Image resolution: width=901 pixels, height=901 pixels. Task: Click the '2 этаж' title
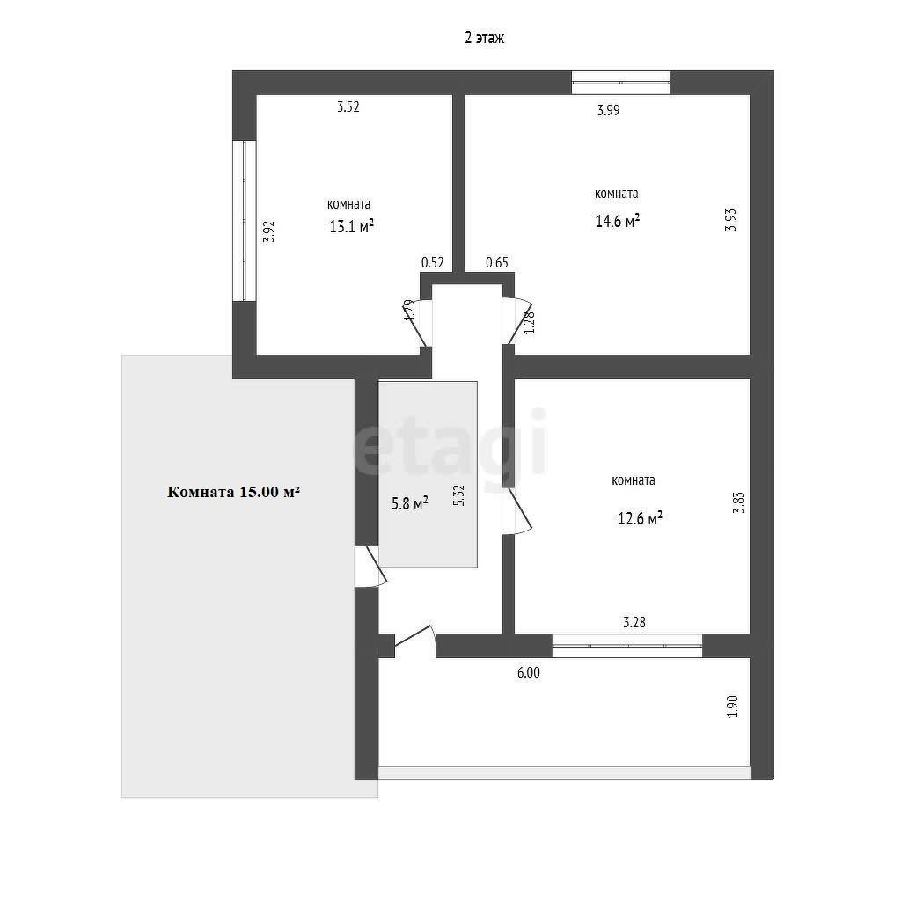[x=485, y=38]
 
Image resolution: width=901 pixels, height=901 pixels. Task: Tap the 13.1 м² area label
[x=351, y=226]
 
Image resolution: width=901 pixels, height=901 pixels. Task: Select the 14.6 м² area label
[x=617, y=221]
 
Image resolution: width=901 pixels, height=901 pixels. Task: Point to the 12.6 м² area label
[x=640, y=518]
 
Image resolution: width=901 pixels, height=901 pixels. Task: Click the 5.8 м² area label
[x=410, y=503]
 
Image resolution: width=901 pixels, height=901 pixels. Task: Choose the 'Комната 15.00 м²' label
[x=234, y=492]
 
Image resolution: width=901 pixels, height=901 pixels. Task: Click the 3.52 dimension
[x=348, y=106]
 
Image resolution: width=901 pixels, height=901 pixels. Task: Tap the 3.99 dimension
[x=609, y=110]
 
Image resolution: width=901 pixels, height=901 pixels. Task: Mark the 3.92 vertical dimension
[x=268, y=231]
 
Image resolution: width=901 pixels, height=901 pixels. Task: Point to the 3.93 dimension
[x=730, y=219]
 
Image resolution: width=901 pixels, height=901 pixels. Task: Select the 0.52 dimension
[x=433, y=262]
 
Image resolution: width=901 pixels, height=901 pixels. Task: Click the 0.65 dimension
[x=497, y=262]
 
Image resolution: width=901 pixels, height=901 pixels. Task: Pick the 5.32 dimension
[x=458, y=495]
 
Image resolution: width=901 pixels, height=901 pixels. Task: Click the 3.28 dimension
[x=634, y=622]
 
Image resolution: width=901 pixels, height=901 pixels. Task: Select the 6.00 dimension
[x=529, y=672]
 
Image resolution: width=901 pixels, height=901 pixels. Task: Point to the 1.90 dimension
[x=732, y=707]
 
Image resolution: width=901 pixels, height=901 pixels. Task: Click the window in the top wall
[x=620, y=82]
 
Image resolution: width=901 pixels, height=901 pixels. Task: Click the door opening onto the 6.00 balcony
[x=415, y=641]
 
